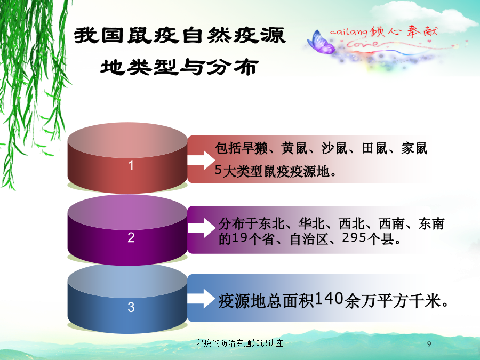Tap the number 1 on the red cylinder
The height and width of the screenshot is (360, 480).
coord(131,165)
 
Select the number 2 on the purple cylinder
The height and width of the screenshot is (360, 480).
coord(131,237)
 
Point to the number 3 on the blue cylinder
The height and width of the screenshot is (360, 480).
coord(131,307)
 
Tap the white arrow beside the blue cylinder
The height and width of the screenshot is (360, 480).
coord(202,298)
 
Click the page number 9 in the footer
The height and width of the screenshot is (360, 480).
coord(429,344)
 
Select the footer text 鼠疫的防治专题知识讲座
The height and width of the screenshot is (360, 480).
coord(239,343)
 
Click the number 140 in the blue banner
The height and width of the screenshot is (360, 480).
coord(329,299)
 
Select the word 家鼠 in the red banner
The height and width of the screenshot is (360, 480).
coord(414,148)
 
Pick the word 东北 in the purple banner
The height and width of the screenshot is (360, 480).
coord(271,224)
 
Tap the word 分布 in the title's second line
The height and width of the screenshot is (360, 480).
coord(233,67)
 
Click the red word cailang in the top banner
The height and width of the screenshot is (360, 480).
coord(349,31)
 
